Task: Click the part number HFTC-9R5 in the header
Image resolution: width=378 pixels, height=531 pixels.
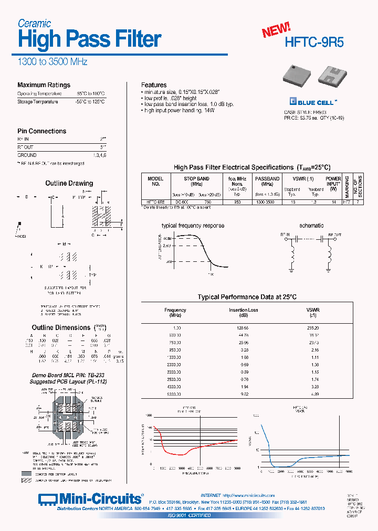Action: tap(314, 42)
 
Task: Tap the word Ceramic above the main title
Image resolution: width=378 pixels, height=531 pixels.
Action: tap(34, 23)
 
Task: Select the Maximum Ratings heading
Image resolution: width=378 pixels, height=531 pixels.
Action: tap(44, 85)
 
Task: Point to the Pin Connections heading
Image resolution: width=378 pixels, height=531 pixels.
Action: tap(41, 131)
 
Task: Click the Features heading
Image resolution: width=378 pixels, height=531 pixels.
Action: tap(154, 85)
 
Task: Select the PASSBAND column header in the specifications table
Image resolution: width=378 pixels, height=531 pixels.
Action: tap(267, 181)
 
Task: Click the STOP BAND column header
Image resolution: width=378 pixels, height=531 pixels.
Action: tap(197, 181)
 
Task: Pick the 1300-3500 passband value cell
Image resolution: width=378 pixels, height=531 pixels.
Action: tap(267, 201)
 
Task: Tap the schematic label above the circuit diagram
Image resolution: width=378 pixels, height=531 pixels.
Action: tap(311, 226)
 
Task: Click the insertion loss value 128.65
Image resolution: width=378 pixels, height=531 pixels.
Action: tap(243, 327)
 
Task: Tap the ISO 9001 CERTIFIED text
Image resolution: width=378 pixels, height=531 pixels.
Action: tap(188, 516)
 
